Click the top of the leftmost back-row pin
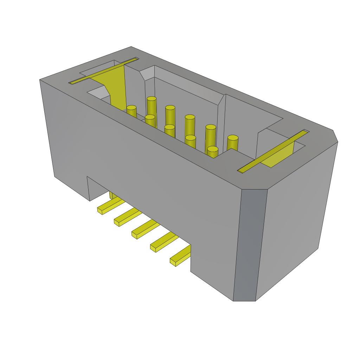point(152,99)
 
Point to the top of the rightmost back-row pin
point(233,138)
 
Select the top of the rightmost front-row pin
point(212,149)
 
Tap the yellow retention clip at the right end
point(278,155)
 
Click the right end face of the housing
point(295,218)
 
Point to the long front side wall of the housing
point(141,155)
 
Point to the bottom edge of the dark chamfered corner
point(244,301)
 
